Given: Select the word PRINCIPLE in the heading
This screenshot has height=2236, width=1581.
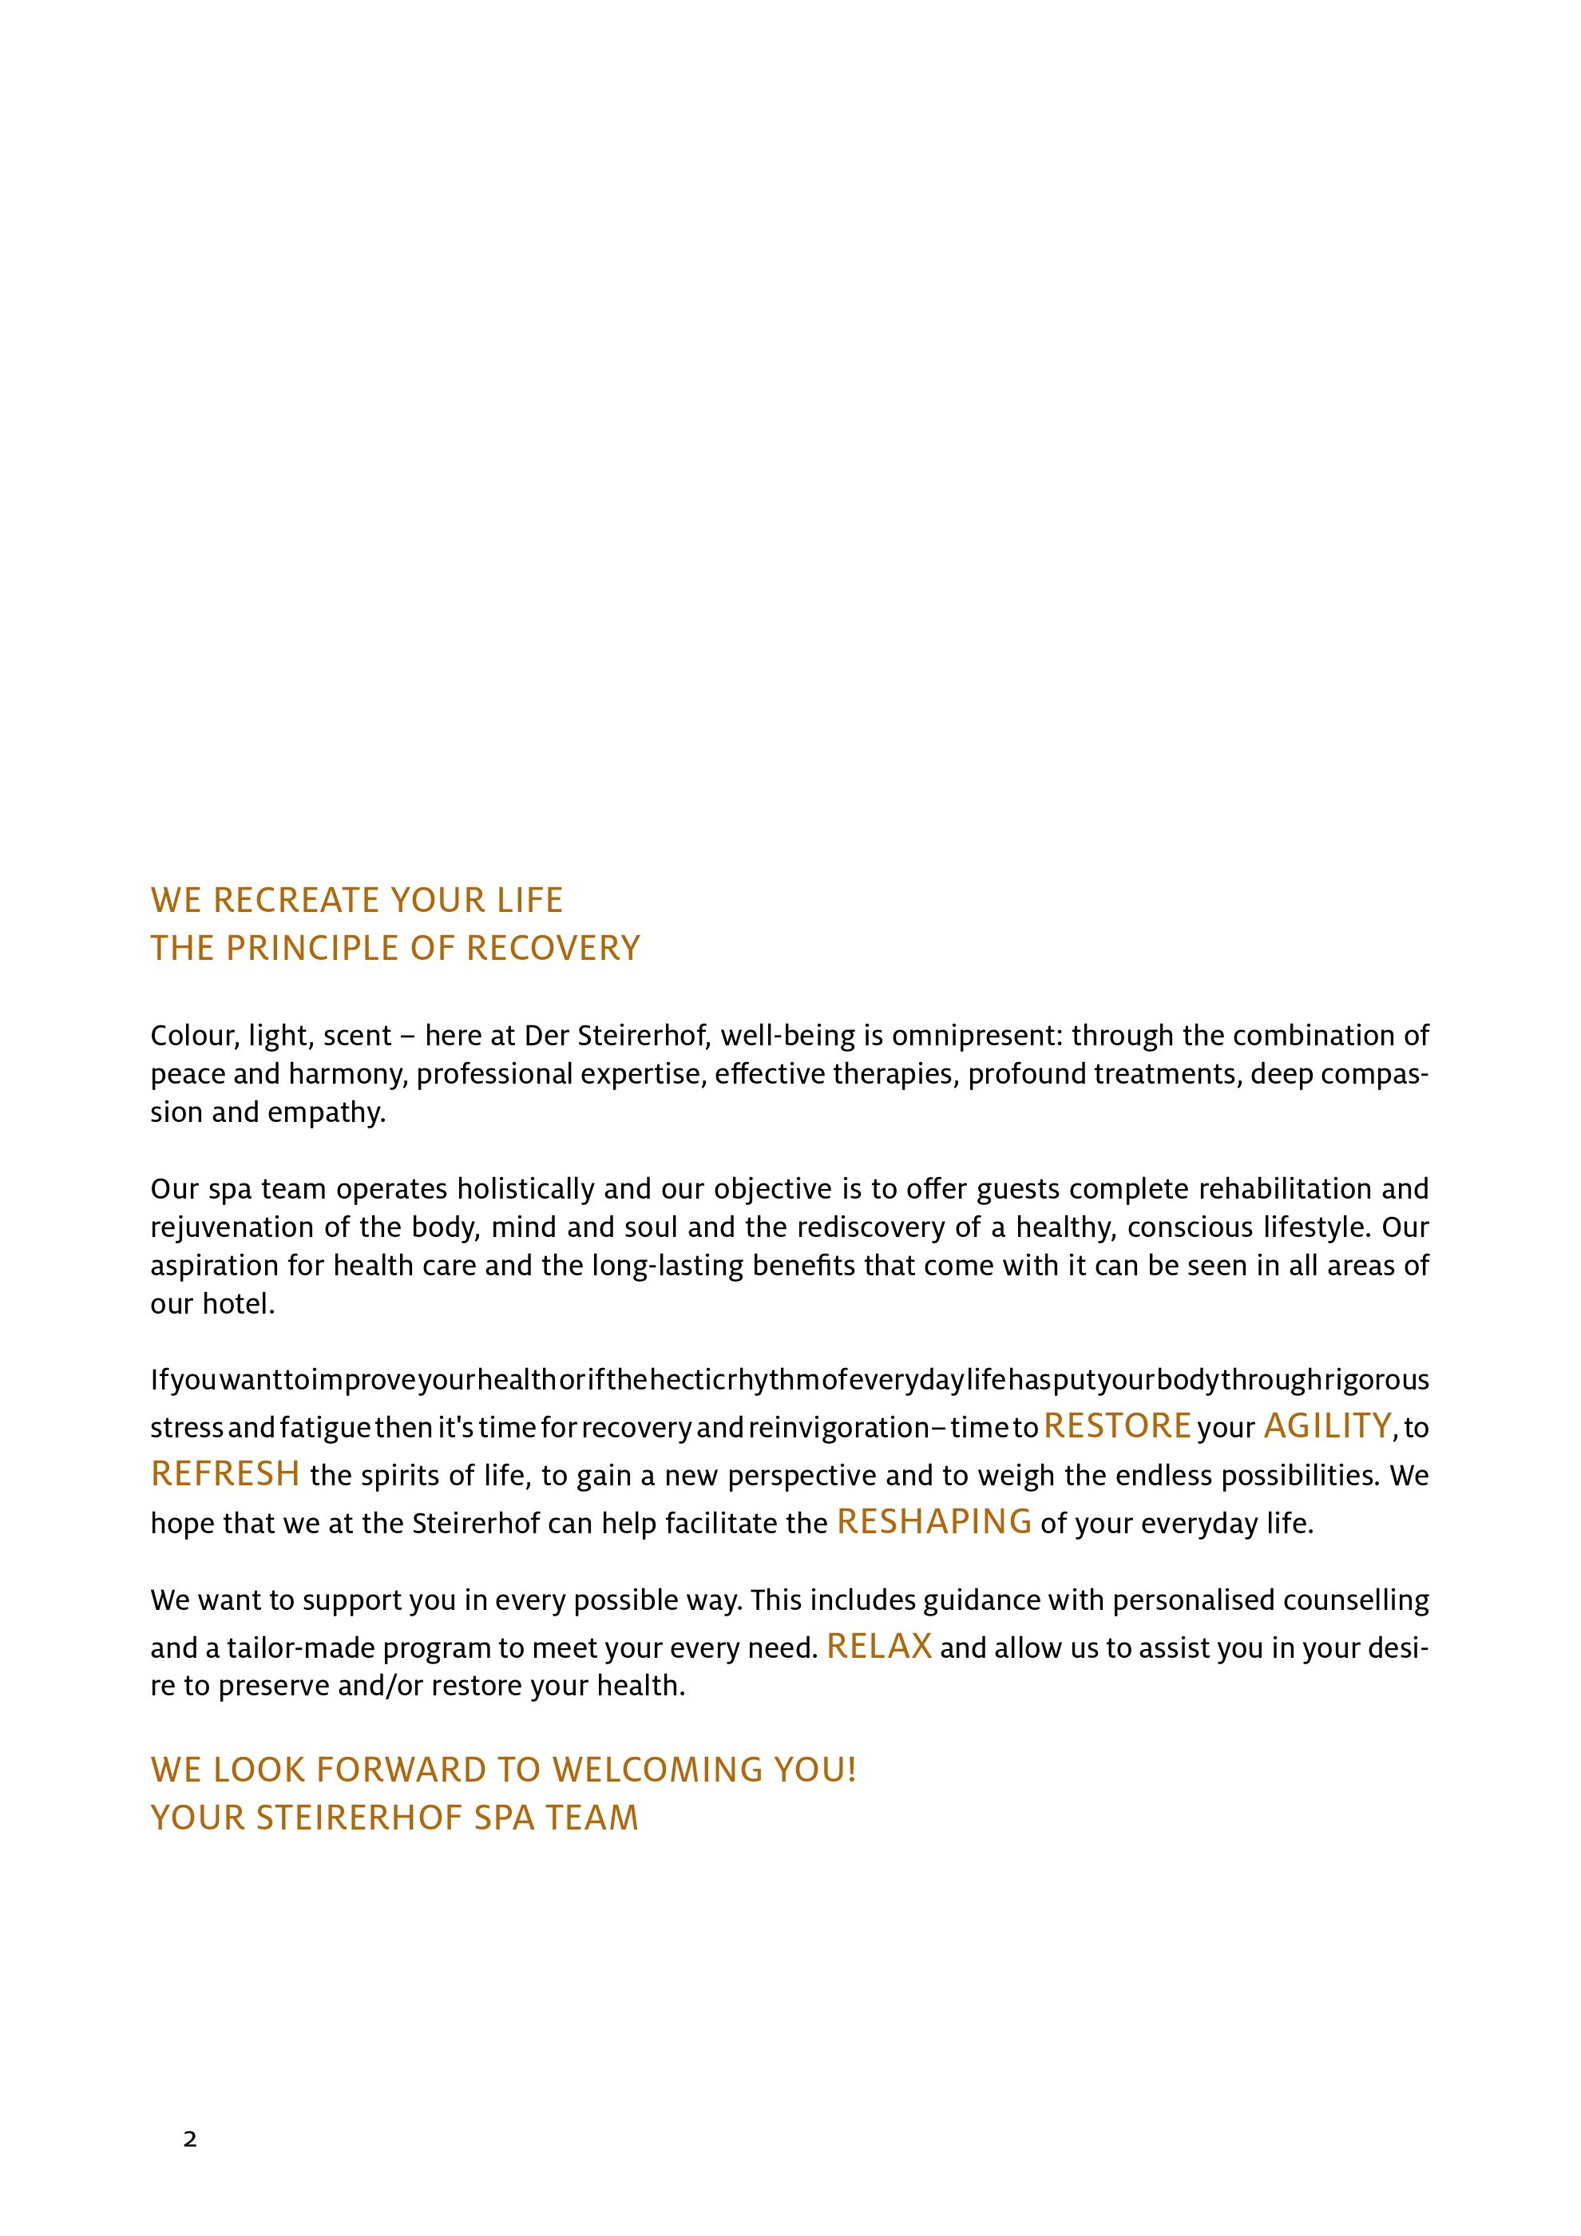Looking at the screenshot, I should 312,949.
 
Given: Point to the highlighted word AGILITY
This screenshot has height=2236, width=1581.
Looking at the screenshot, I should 1328,1425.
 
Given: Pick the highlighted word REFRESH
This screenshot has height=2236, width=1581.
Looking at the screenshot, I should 225,1474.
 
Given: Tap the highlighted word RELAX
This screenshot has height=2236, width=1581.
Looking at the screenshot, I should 879,1647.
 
